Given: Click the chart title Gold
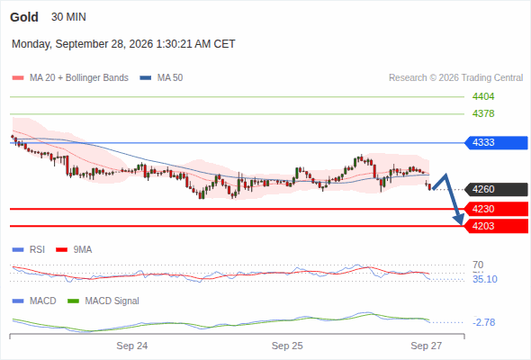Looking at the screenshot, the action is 24,17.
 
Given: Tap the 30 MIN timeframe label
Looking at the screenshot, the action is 68,17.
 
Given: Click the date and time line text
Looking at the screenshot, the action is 123,44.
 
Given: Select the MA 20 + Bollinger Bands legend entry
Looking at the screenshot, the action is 70,78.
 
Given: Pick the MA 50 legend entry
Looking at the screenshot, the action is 161,78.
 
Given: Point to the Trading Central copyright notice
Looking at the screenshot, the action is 455,78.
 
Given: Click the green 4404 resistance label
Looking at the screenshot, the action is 483,97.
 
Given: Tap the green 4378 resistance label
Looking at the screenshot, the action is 483,113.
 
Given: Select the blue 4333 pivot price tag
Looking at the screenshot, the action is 496,142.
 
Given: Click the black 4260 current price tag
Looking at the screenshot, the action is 496,189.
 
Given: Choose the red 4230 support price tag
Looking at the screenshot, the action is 496,209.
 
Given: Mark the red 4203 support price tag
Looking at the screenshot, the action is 496,226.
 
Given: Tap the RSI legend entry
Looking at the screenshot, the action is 29,250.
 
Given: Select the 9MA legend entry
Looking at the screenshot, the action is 74,250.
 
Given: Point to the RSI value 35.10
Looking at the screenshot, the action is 485,279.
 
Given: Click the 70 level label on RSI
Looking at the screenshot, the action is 478,265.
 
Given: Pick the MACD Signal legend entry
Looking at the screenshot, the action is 103,301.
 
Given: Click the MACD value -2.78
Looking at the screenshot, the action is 484,322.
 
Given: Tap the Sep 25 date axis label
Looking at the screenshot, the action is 287,346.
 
